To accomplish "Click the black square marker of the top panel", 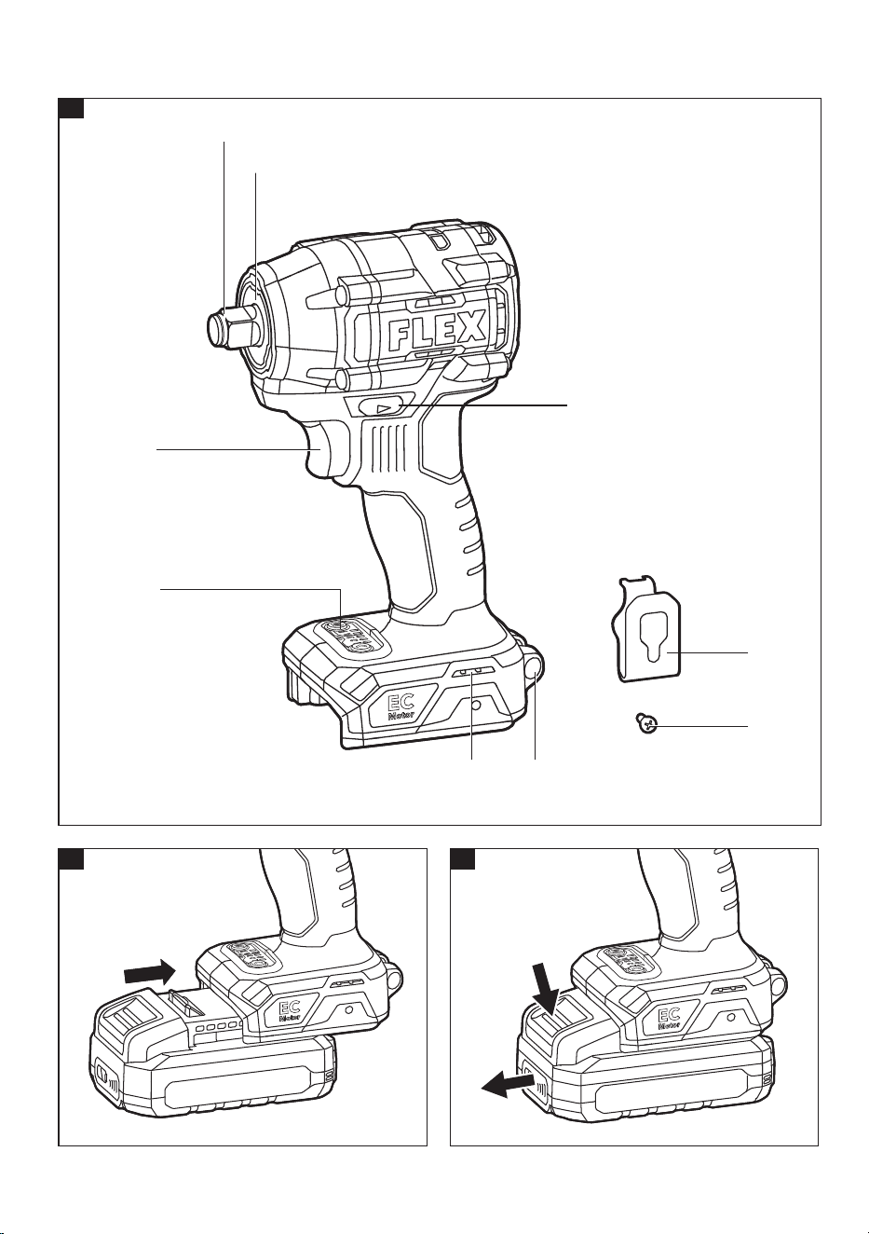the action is [71, 108].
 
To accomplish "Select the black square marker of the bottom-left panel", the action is [71, 858].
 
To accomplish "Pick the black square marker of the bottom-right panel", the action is [463, 858].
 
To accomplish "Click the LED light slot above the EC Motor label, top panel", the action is [472, 672].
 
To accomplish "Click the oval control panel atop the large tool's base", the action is [348, 636].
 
